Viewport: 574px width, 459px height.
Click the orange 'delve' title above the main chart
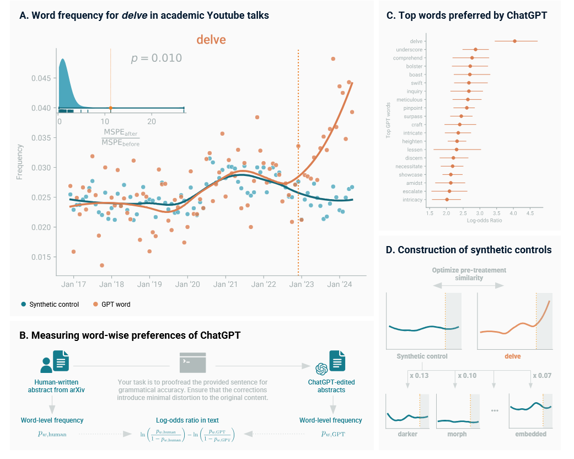click(x=211, y=40)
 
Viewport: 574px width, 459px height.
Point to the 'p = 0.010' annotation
click(x=156, y=58)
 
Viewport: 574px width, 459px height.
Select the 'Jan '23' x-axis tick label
click(x=302, y=284)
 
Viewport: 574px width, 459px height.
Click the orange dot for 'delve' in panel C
click(x=514, y=41)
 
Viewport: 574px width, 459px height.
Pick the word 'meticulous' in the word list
click(x=409, y=100)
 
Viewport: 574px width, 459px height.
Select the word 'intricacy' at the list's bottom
click(x=412, y=200)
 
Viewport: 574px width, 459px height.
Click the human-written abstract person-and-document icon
click(x=55, y=361)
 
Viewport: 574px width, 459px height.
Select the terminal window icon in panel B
click(x=192, y=362)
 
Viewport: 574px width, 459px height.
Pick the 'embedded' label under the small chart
click(x=530, y=434)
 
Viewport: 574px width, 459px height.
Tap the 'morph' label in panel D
click(x=457, y=434)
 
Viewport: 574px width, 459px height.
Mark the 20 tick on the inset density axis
click(x=152, y=121)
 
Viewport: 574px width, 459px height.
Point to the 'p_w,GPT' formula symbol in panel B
click(x=333, y=434)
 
